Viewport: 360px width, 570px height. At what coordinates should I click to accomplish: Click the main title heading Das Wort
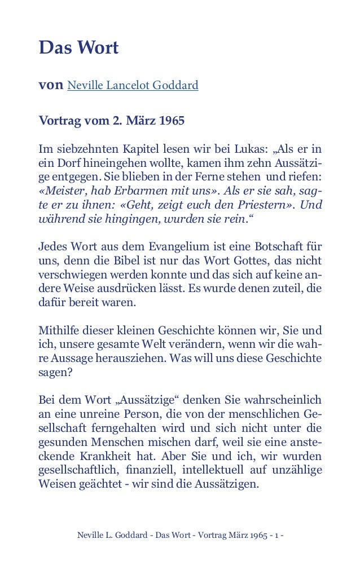(x=78, y=48)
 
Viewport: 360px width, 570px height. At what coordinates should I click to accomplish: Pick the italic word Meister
(x=63, y=191)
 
